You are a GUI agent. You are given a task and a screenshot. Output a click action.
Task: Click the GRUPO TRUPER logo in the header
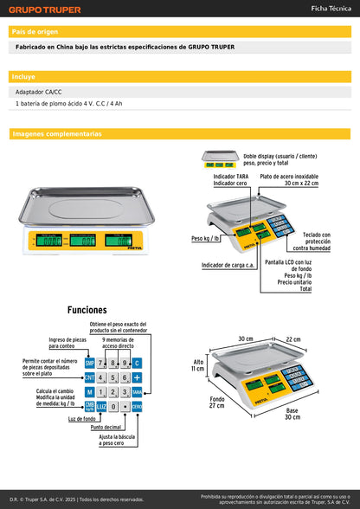tap(45, 10)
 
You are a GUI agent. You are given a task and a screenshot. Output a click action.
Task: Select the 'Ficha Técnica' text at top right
tap(331, 9)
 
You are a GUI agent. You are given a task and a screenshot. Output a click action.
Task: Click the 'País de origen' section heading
tap(36, 32)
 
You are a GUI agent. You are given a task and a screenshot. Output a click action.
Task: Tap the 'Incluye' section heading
tap(24, 77)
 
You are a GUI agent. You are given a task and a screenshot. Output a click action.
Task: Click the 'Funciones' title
tap(87, 310)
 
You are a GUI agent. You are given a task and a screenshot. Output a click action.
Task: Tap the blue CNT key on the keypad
tap(89, 377)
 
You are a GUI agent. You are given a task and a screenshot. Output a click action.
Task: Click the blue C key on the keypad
tap(137, 363)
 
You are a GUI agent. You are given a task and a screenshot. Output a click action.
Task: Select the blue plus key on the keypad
tap(137, 377)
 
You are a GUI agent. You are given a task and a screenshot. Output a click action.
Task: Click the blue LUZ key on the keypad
tap(101, 406)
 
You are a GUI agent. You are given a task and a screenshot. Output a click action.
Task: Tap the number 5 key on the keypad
tap(113, 377)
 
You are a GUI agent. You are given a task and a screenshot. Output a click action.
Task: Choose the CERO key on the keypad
tap(137, 406)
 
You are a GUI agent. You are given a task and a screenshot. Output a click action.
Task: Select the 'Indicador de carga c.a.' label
tap(227, 265)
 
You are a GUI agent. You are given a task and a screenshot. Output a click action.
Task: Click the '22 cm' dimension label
tap(293, 339)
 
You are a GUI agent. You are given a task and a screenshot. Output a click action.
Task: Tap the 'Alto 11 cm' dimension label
tap(198, 365)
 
